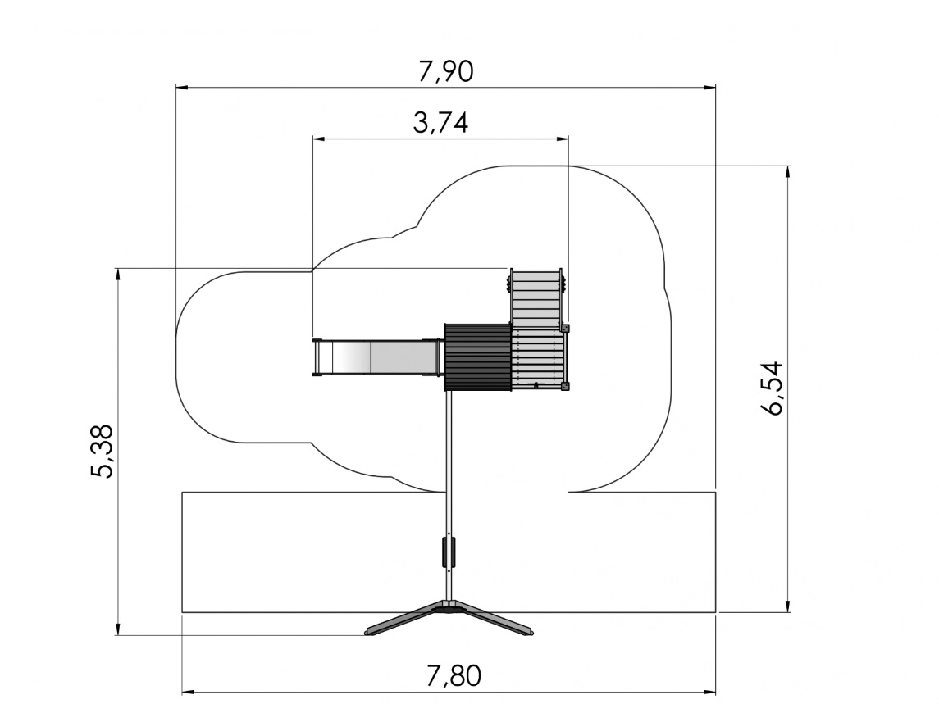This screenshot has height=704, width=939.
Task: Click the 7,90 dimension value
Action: tap(446, 71)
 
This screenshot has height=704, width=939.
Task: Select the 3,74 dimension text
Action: tap(440, 123)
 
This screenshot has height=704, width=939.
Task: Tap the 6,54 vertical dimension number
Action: tap(773, 388)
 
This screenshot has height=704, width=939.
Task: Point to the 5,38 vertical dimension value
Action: tap(102, 452)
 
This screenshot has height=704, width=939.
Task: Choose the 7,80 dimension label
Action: tap(454, 676)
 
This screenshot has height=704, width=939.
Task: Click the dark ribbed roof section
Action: tap(477, 357)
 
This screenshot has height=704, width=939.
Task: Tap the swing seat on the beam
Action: tap(449, 552)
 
